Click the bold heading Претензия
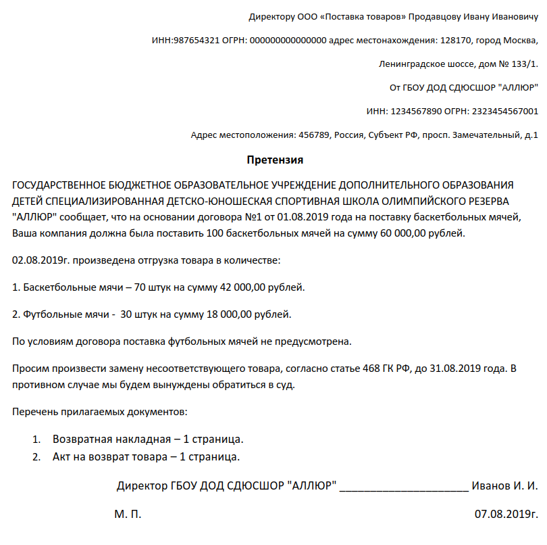point(275,160)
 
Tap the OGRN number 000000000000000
point(288,40)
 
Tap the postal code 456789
point(314,135)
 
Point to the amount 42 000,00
point(243,287)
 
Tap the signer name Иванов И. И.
point(504,486)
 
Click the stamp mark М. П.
point(128,514)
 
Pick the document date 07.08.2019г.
point(506,514)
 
